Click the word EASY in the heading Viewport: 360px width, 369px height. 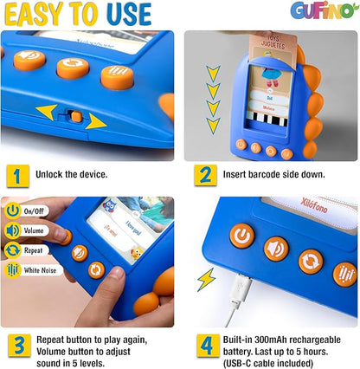(37, 14)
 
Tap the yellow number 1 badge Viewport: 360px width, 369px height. (15, 174)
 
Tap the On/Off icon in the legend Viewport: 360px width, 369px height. (13, 210)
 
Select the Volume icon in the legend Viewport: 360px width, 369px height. (13, 230)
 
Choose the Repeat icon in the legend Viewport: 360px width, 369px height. (13, 249)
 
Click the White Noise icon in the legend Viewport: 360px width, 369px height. (13, 269)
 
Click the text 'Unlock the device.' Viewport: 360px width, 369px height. (72, 174)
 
